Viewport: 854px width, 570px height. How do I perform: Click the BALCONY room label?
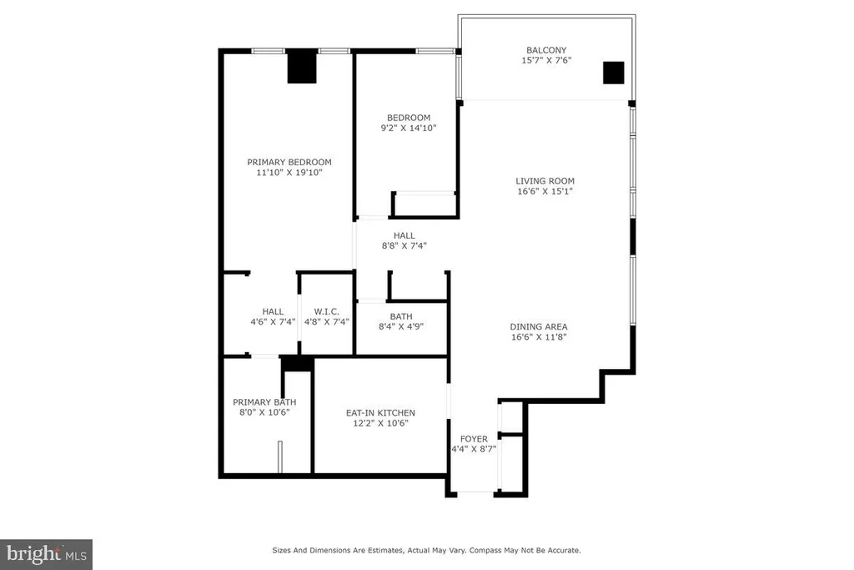pos(546,50)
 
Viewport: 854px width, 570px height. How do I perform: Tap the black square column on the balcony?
pos(613,73)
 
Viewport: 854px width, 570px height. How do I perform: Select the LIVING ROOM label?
pos(545,181)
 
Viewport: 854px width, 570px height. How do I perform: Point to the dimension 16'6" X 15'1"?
pos(545,191)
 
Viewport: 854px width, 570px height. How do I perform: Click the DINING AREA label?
pos(539,327)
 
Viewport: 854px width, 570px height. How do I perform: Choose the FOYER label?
pos(474,439)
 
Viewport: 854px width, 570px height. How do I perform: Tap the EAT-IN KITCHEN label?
pos(380,413)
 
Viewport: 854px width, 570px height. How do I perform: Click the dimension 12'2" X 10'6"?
pos(380,423)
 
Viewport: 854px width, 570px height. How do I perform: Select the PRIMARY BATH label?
pos(264,402)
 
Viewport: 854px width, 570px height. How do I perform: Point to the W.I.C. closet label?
pos(327,311)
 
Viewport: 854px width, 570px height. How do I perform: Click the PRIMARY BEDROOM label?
pos(289,163)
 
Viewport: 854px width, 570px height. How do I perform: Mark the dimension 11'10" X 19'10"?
pos(289,173)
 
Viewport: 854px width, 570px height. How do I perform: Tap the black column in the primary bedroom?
pos(302,67)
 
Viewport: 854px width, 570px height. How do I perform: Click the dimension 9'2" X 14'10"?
pos(409,128)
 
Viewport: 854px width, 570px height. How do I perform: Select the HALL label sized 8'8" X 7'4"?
pos(404,235)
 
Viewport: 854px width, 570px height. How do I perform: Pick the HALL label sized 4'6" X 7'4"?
pos(273,311)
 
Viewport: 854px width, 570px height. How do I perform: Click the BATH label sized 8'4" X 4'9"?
pos(401,316)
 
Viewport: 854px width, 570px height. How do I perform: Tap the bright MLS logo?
pos(47,555)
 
